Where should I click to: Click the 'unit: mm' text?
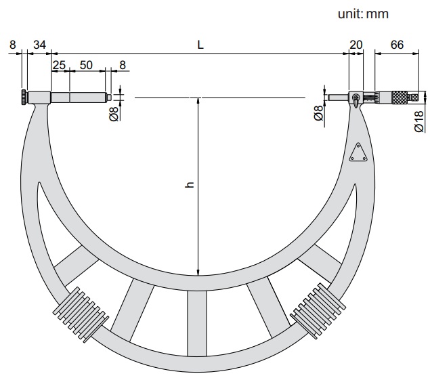pos(363,14)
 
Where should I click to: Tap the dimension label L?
pos(200,45)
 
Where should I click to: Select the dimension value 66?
pos(397,45)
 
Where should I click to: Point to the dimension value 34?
pos(39,45)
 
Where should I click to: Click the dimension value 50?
pos(86,65)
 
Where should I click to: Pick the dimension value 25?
pos(59,65)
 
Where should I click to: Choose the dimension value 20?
pos(356,45)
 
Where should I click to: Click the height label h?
pos(190,185)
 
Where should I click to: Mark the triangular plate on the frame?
pos(358,152)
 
